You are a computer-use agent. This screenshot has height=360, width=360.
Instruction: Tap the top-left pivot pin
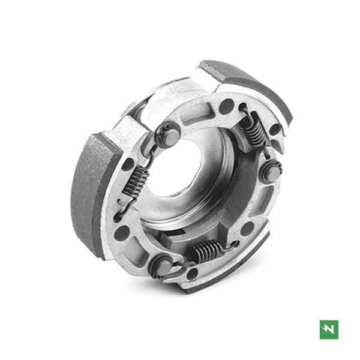click(x=166, y=135)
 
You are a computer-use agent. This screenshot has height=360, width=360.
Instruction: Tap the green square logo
click(x=329, y=329)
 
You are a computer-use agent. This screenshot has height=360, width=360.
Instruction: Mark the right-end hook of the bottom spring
click(x=232, y=245)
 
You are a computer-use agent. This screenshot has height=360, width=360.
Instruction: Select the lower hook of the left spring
click(x=123, y=207)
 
